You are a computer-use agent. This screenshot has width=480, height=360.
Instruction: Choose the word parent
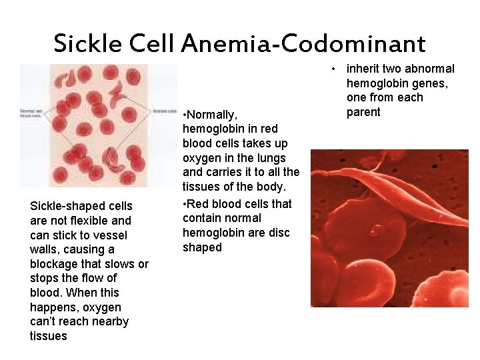tap(363, 112)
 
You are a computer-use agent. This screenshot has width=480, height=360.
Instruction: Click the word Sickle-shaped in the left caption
tap(81, 206)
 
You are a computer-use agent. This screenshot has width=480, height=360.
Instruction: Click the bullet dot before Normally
tap(185, 115)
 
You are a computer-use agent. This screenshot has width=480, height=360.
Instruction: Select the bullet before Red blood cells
tap(185, 204)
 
